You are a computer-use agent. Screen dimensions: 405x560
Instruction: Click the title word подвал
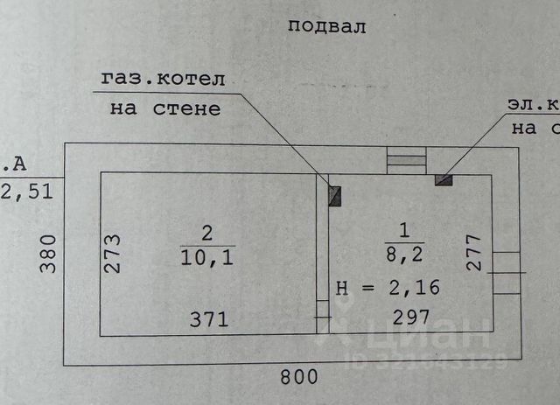[x=326, y=25]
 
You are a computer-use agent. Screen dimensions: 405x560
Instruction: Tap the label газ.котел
[x=163, y=79]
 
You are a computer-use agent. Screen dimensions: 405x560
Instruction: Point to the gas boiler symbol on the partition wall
[x=334, y=195]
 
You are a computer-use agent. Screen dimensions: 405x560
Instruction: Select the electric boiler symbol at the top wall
[x=444, y=180]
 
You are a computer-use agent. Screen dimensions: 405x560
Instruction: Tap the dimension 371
[x=209, y=319]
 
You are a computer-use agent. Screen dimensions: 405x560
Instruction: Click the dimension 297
[x=410, y=318]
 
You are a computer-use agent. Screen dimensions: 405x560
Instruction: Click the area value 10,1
[x=207, y=255]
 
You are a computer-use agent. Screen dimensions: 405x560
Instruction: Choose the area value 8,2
[x=404, y=254]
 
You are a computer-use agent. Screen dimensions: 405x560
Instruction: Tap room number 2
[x=207, y=234]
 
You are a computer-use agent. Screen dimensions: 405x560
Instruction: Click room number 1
[x=404, y=232]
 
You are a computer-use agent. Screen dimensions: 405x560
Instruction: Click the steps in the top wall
[x=405, y=159]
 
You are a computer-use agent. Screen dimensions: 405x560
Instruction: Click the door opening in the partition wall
[x=322, y=310]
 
